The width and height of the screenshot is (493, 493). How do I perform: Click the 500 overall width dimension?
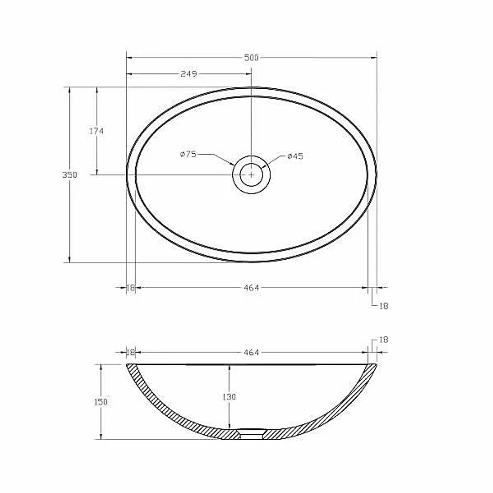(x=251, y=58)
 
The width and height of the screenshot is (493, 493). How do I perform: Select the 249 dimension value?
(x=189, y=74)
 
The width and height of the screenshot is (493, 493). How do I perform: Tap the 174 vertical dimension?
(x=96, y=131)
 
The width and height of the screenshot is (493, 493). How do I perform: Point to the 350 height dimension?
(x=70, y=175)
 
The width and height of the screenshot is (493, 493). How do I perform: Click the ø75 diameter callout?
(x=188, y=154)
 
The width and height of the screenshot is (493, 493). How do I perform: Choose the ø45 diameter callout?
(x=295, y=156)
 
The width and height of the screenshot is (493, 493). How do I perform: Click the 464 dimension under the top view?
(x=251, y=288)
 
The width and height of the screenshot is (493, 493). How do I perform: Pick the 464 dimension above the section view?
(x=251, y=352)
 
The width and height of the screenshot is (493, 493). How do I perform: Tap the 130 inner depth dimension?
(x=229, y=397)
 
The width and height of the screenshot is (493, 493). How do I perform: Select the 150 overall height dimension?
(x=101, y=402)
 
